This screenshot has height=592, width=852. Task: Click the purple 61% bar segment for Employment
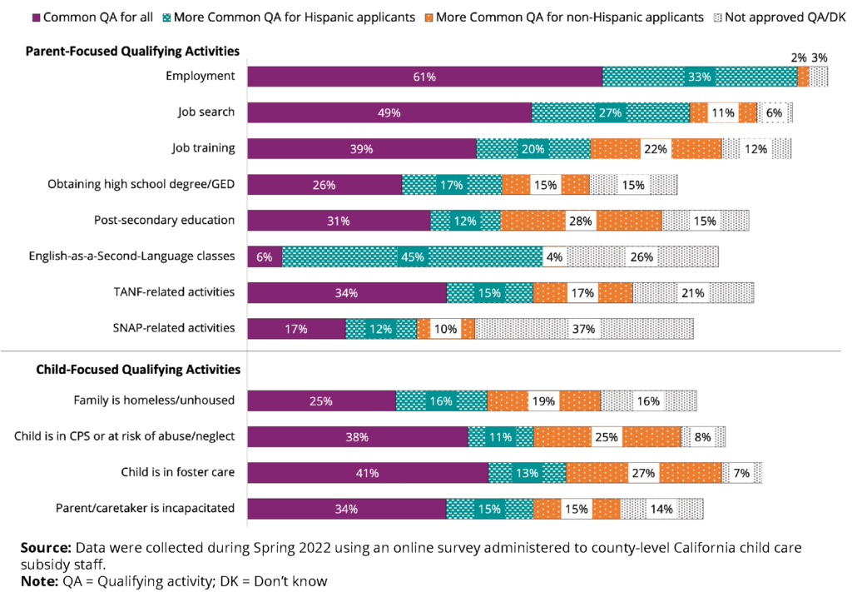(x=425, y=77)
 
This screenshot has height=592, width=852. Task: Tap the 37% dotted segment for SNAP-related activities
(x=583, y=329)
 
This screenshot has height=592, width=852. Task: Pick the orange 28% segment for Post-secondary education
(x=581, y=221)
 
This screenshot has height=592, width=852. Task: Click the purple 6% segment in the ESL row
(x=265, y=256)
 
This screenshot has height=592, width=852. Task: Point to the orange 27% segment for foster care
(x=644, y=473)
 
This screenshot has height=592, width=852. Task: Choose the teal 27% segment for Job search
(x=611, y=112)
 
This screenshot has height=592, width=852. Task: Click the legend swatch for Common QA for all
(x=35, y=17)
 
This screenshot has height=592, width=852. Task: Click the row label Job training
(x=203, y=148)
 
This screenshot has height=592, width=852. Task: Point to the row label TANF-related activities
(x=174, y=292)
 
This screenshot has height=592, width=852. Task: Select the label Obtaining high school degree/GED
(x=141, y=184)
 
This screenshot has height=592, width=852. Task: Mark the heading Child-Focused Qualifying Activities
(x=138, y=369)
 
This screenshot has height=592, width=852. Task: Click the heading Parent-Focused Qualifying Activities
(x=132, y=52)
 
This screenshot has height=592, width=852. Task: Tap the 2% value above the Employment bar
(x=799, y=57)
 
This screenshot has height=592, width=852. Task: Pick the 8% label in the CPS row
(x=703, y=437)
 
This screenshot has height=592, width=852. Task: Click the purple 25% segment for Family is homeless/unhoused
(x=321, y=400)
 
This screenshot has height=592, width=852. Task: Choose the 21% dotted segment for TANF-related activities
(x=693, y=293)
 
